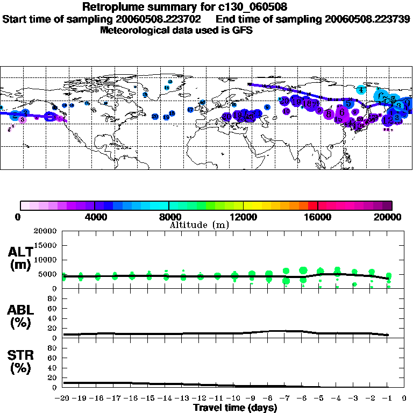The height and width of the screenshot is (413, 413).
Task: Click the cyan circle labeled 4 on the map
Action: [361, 90]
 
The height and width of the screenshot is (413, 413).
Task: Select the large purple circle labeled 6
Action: [341, 112]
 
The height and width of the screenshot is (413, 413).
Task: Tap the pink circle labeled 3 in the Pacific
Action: [22, 119]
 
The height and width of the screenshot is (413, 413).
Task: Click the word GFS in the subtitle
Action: [242, 30]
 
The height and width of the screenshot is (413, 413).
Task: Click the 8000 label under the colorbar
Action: [169, 217]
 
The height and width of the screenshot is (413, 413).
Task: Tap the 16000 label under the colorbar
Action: [318, 217]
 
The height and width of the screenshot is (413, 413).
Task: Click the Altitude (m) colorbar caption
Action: [199, 225]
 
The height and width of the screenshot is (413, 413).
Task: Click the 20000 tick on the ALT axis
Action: [46, 231]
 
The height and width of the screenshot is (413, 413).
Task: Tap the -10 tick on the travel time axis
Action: [233, 398]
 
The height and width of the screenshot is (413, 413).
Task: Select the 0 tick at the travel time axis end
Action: [404, 398]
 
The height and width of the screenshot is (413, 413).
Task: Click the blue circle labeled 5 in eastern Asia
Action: [348, 103]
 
